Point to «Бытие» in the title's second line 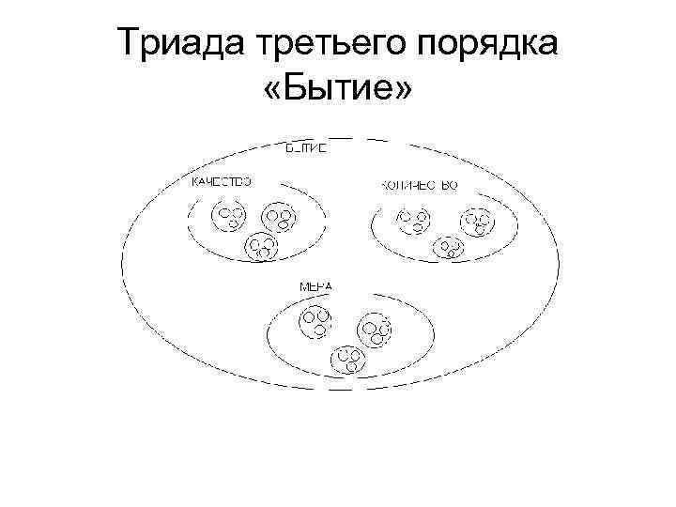338,91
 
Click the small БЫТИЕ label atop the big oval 305,147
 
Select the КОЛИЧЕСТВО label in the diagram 419,185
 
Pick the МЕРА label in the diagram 315,284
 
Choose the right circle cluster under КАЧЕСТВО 280,219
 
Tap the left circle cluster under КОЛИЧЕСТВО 413,220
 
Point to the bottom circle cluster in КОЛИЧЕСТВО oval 450,248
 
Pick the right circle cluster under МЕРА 376,330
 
